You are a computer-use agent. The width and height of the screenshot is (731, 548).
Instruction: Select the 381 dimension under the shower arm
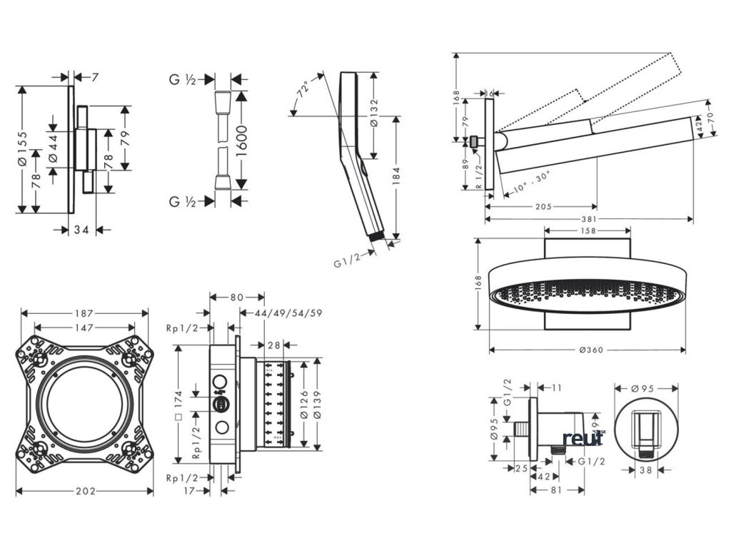pyautogui.click(x=590, y=219)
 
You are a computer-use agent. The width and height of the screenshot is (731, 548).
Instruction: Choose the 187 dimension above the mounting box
pyautogui.click(x=85, y=313)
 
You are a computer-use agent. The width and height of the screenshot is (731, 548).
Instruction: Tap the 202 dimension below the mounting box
pyautogui.click(x=85, y=492)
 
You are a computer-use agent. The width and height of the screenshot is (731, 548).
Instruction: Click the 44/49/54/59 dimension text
pyautogui.click(x=281, y=313)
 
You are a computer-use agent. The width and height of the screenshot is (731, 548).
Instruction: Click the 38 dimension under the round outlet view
pyautogui.click(x=645, y=470)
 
